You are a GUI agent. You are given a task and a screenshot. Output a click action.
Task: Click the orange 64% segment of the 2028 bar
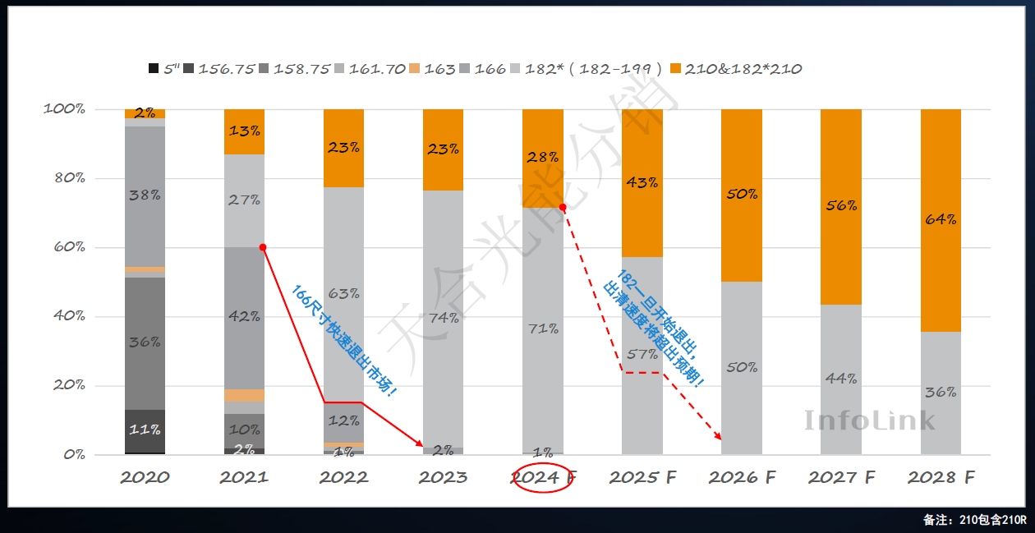pos(941,220)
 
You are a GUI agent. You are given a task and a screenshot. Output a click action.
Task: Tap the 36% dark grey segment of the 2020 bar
pos(145,342)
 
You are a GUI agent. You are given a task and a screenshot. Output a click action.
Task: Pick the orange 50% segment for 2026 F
pos(741,195)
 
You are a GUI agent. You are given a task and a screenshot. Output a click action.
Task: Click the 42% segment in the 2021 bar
pos(244,317)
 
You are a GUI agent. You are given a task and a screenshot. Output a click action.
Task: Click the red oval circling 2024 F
pos(541,477)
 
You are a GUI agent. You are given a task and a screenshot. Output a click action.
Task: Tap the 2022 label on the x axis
pos(343,477)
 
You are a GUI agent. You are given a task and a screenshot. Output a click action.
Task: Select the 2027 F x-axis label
pos(841,477)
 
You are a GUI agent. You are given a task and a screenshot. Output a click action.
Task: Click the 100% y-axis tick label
pos(64,109)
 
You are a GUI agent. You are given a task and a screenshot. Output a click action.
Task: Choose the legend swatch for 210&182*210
pos(676,69)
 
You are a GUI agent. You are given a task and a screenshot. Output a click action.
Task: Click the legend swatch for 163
pos(415,69)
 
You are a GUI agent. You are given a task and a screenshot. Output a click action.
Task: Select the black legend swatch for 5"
pos(154,69)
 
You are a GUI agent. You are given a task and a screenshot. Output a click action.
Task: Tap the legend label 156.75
pos(226,69)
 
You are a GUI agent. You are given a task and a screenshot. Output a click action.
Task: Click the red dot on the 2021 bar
pos(263,247)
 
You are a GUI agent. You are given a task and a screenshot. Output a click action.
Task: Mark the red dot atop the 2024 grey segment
pos(563,207)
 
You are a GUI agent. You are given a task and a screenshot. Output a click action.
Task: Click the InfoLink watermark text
pos(869,420)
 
